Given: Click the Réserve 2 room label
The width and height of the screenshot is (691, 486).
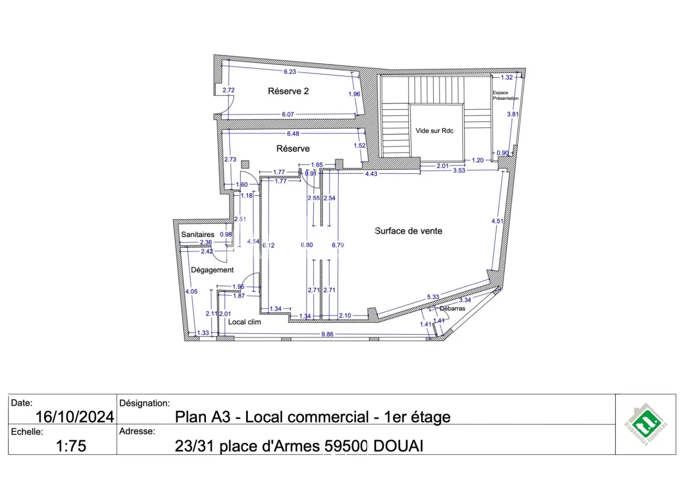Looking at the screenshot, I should tap(288, 91).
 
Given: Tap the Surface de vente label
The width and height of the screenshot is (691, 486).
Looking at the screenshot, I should tap(408, 231).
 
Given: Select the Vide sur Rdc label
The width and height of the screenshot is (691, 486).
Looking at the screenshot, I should tap(434, 131).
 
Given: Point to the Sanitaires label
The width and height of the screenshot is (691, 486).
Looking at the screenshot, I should tap(197, 234).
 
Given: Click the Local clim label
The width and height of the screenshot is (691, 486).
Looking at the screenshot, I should tap(244, 322).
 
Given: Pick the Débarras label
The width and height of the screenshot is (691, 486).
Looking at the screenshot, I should tap(452, 309).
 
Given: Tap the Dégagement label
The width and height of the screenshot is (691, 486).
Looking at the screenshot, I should tap(212, 270).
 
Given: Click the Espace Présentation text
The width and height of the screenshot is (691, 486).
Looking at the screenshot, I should tap(505, 95).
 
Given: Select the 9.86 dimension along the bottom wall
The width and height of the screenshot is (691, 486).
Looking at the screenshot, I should tap(327, 334).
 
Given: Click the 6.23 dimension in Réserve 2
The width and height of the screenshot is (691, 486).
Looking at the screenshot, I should tap(290, 72).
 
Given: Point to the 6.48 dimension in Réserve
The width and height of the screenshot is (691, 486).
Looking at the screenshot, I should tap(293, 134).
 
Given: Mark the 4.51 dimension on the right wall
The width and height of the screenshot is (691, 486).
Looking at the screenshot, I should tap(497, 221).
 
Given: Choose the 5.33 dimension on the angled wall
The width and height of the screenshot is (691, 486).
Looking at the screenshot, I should tap(433, 297).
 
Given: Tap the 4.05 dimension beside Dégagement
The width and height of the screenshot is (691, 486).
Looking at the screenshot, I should tap(191, 292).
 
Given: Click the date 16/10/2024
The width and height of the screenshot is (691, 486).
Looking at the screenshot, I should tap(75, 417).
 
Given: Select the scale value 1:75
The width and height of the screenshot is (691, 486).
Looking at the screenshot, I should tap(71, 446).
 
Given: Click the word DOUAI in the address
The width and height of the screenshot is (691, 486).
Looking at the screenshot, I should tap(398, 446).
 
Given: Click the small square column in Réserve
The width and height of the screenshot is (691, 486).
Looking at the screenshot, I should tap(245, 165).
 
